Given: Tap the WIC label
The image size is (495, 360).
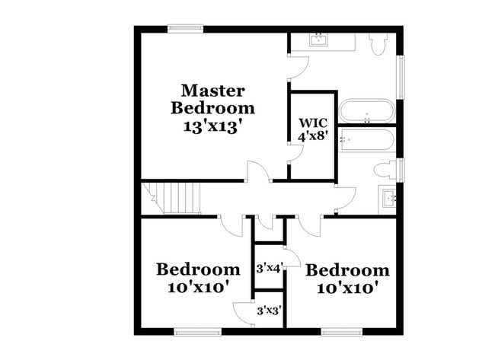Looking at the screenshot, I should point(311,123).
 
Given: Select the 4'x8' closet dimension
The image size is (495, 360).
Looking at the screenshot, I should point(311,136).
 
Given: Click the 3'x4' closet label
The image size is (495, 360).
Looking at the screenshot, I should point(269,267).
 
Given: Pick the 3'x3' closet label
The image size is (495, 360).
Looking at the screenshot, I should point(269,311).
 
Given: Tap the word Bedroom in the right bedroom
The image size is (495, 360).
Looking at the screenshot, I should point(347,270).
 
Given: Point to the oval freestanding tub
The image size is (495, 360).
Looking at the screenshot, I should point(367,111).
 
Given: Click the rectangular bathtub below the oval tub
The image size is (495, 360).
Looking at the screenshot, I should point(367,140).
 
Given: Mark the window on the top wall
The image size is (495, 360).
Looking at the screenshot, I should point(184,29).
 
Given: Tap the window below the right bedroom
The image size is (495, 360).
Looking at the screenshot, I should point(340,331).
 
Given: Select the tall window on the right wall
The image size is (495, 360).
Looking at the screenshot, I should point(401,77).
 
